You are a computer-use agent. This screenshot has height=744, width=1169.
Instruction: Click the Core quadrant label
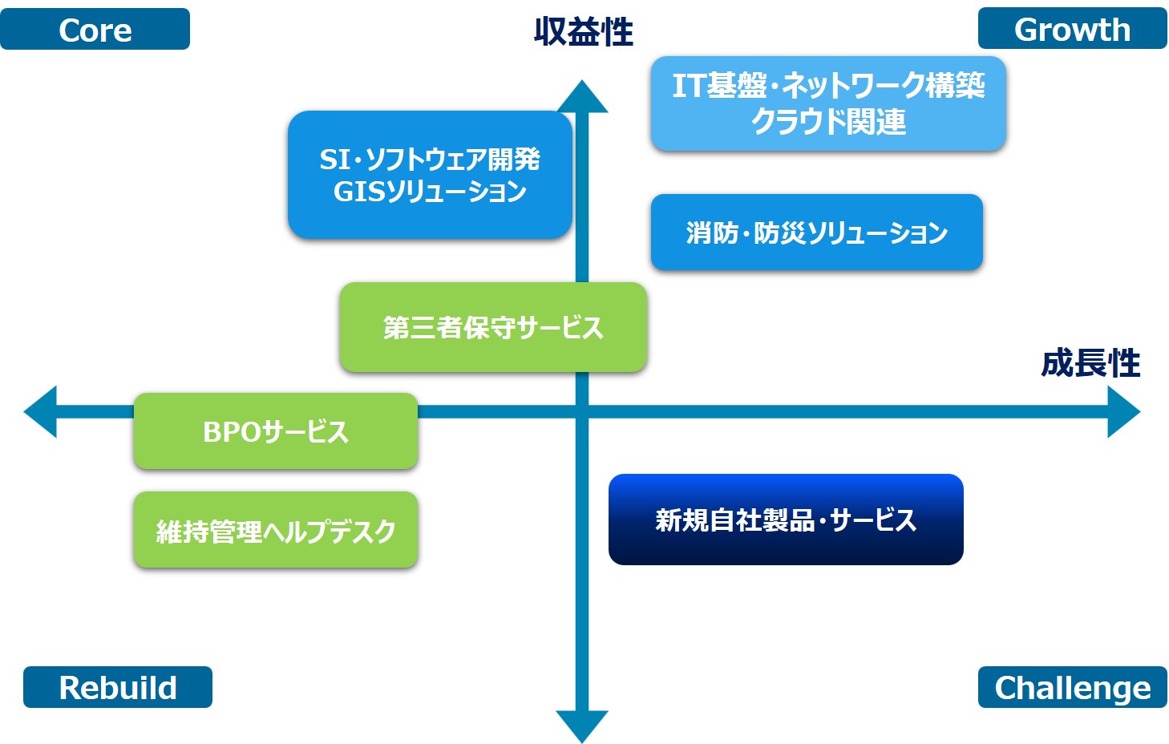click(x=95, y=29)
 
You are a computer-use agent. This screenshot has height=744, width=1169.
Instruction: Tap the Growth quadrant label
click(x=1073, y=28)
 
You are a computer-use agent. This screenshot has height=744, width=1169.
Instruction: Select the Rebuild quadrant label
click(x=118, y=686)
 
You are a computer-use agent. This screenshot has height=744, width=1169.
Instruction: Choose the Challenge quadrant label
click(x=1073, y=686)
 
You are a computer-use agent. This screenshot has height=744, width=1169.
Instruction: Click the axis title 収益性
click(x=584, y=31)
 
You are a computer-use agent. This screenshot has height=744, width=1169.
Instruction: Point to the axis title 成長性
click(x=1090, y=363)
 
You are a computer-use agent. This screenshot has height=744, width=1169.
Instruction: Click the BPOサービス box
click(x=276, y=431)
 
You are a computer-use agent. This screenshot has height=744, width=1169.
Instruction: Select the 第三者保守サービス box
click(x=493, y=327)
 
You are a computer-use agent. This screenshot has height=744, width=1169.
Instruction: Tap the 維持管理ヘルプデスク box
click(x=276, y=530)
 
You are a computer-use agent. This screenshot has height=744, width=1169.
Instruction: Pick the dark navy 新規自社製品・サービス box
click(x=786, y=520)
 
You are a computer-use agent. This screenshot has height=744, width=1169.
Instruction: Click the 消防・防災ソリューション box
click(x=817, y=232)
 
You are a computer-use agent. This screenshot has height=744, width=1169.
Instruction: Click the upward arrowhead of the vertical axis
click(x=582, y=96)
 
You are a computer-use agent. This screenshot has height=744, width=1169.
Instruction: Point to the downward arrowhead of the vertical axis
click(x=582, y=726)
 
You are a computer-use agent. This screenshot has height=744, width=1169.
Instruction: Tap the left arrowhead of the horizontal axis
click(x=40, y=411)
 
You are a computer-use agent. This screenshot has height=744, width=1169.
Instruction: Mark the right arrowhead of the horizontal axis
click(x=1124, y=411)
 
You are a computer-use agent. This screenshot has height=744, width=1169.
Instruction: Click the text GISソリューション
click(x=430, y=192)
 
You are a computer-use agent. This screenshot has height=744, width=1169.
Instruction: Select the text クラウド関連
click(x=828, y=121)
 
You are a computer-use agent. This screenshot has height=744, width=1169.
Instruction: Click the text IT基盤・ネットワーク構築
click(x=828, y=85)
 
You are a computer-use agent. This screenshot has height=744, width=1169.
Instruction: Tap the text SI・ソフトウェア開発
click(x=430, y=159)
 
